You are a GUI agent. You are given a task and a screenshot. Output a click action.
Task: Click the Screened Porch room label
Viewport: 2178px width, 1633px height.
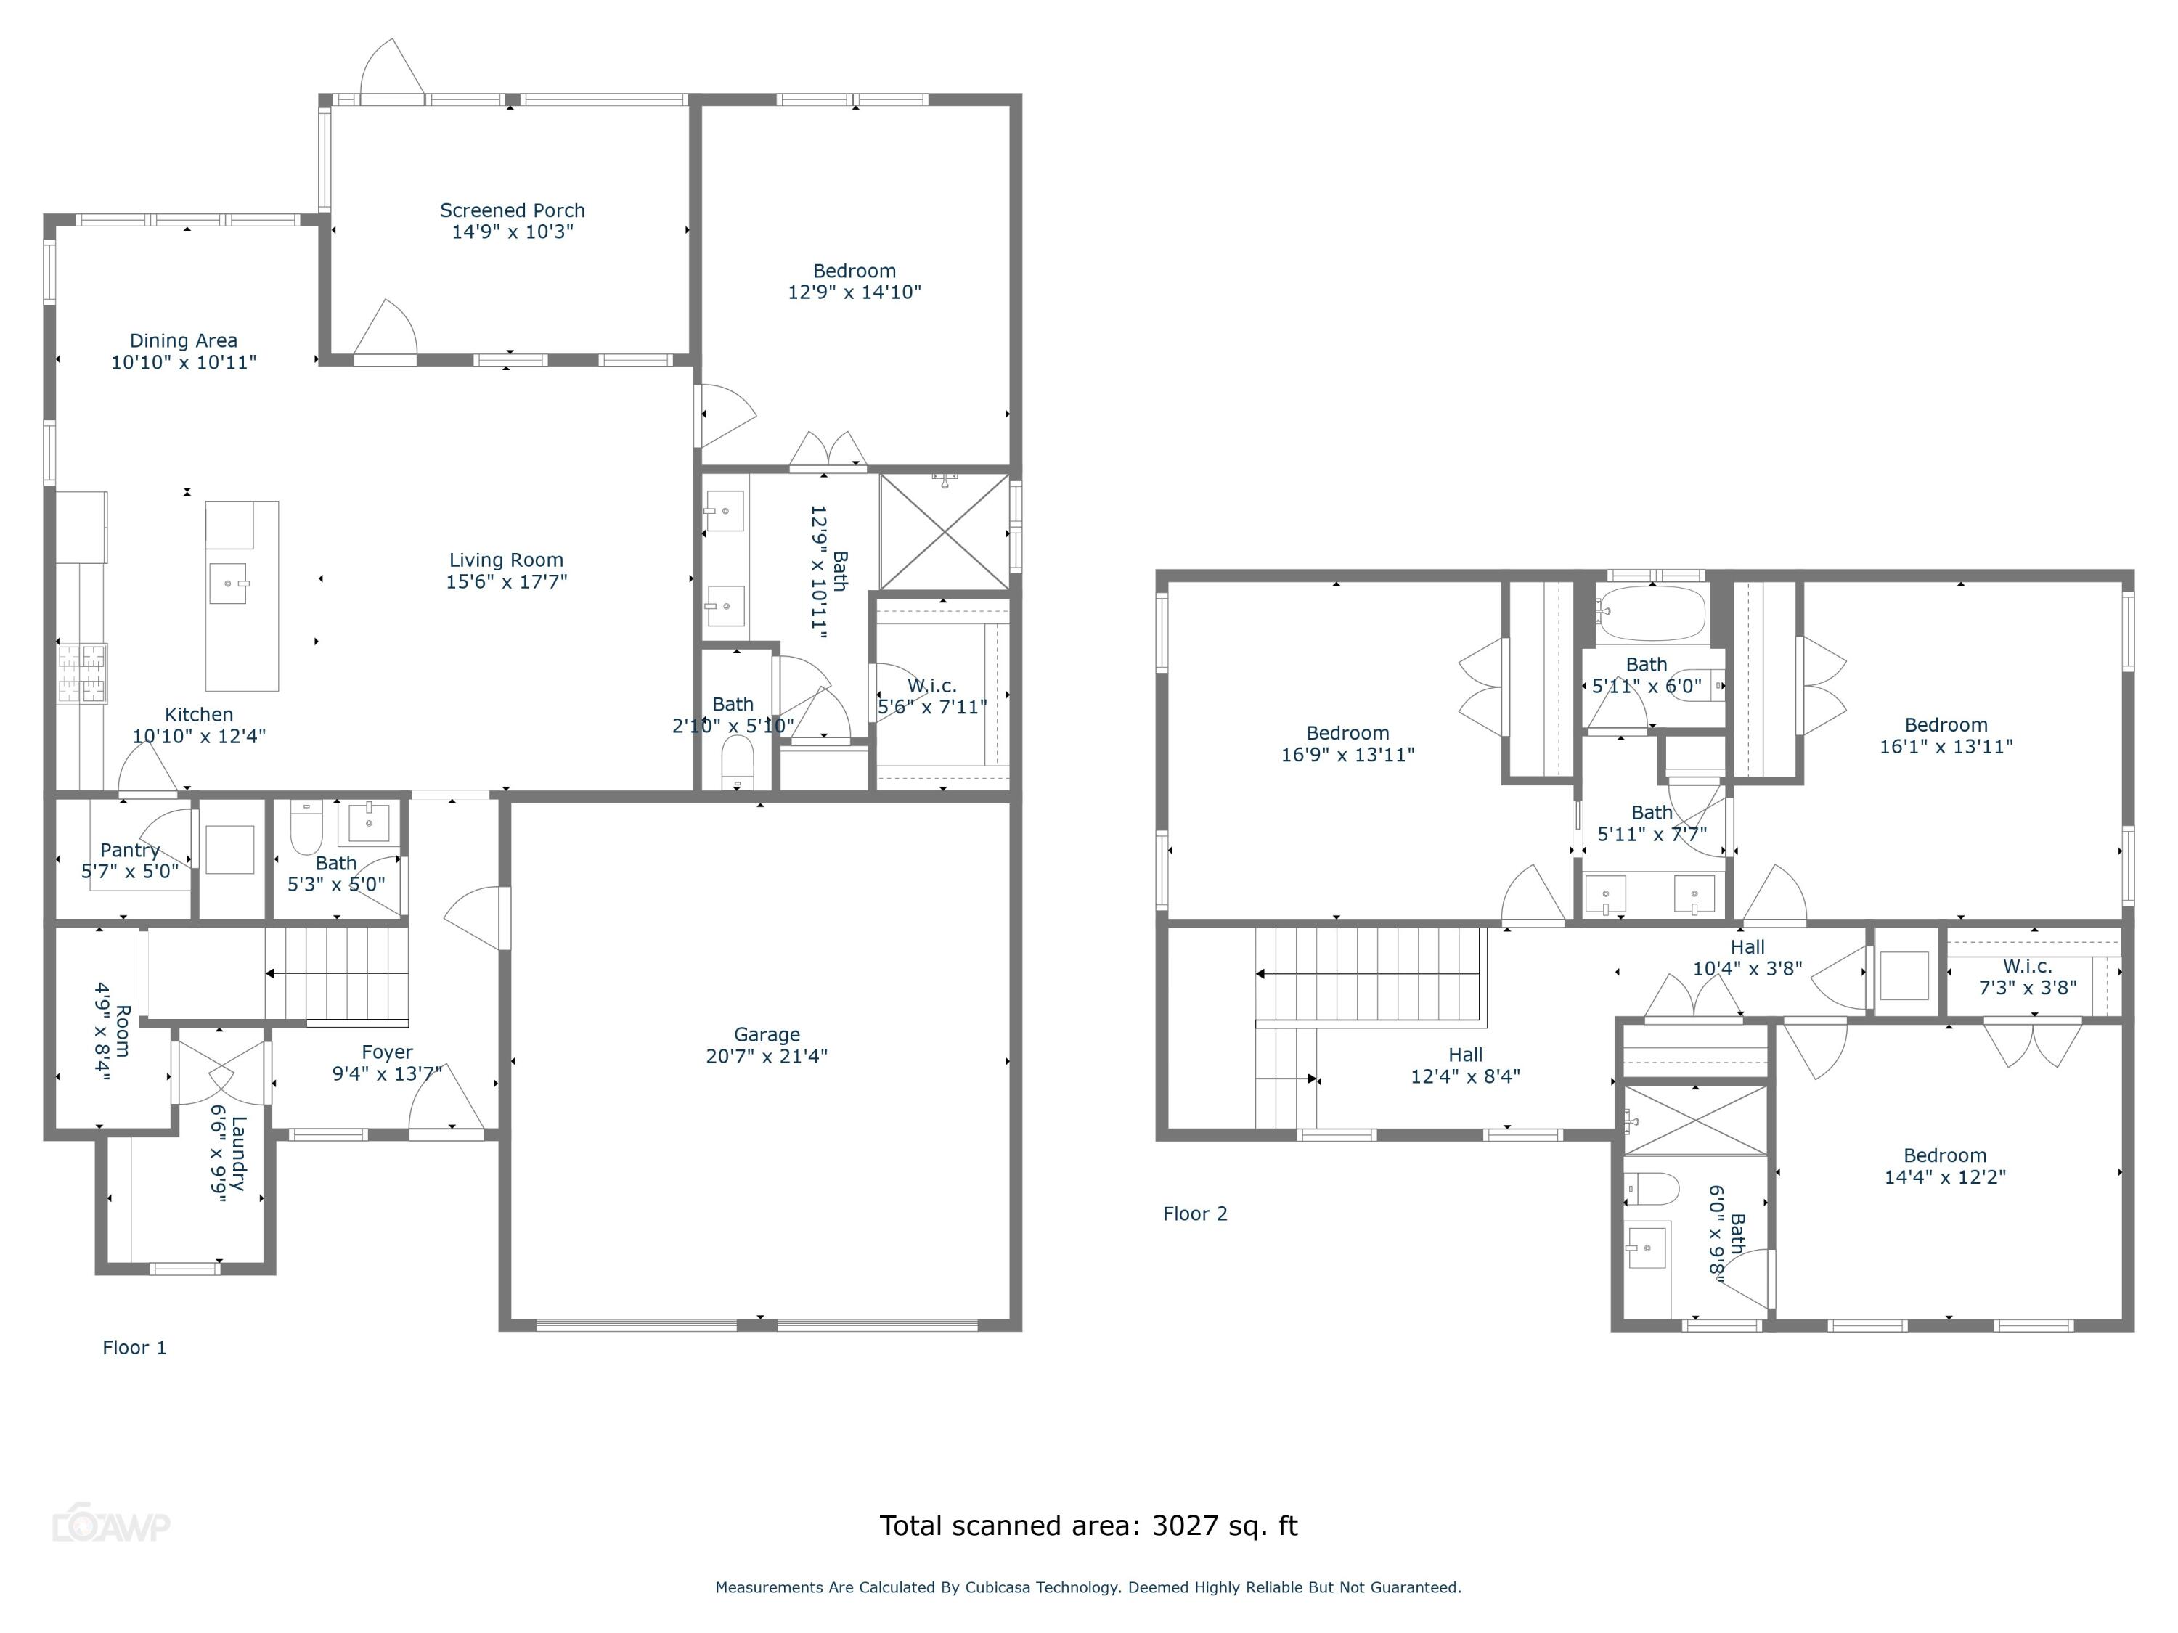tap(512, 210)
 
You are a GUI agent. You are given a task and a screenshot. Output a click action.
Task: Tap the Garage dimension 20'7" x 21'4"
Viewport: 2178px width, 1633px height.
tap(766, 1056)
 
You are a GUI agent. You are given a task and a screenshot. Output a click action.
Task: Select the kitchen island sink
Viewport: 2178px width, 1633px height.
tap(229, 584)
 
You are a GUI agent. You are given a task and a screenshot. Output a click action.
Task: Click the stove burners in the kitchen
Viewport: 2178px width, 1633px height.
tap(82, 674)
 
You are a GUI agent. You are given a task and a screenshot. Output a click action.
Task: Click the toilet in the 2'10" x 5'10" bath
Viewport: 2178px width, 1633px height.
tap(738, 760)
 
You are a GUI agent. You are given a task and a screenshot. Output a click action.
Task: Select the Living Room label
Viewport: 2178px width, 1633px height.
tap(506, 560)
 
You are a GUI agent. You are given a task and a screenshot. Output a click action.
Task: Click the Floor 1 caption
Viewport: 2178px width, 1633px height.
tap(134, 1348)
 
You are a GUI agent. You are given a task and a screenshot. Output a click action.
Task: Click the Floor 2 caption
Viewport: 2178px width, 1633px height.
tap(1194, 1214)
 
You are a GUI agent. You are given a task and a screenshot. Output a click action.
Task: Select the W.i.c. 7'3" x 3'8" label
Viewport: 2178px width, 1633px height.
tap(2026, 967)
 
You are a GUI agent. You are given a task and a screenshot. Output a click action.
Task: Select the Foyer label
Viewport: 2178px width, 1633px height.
tap(387, 1052)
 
